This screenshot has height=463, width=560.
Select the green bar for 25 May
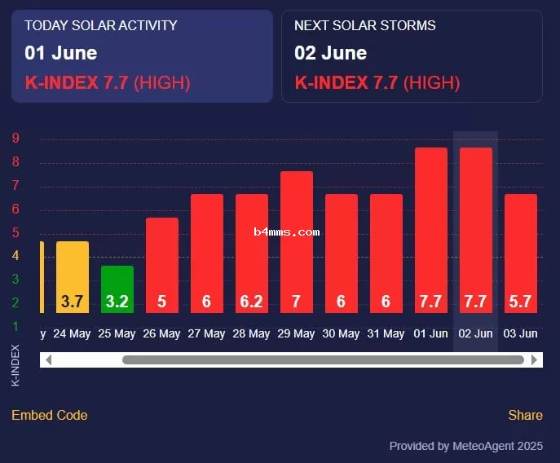point(117,289)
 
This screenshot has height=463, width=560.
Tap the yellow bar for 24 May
point(73,276)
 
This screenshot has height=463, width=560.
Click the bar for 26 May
point(162,265)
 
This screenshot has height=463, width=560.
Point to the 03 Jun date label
point(520,333)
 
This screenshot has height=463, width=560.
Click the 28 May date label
point(251,333)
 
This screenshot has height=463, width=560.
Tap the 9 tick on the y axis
point(15,138)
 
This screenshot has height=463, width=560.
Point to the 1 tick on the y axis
point(15,326)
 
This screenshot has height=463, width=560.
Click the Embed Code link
point(50,415)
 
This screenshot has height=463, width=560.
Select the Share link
point(525,415)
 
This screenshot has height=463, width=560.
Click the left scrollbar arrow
point(47,359)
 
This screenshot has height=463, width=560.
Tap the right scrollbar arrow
point(535,359)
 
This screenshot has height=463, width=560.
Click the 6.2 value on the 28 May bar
point(251,302)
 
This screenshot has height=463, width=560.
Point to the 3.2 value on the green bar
point(117,302)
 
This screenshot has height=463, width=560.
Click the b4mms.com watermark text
point(286,231)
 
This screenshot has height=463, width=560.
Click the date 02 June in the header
point(330,53)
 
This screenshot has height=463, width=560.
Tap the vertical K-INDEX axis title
point(15,365)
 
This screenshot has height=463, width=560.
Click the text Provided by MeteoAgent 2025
point(465,446)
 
